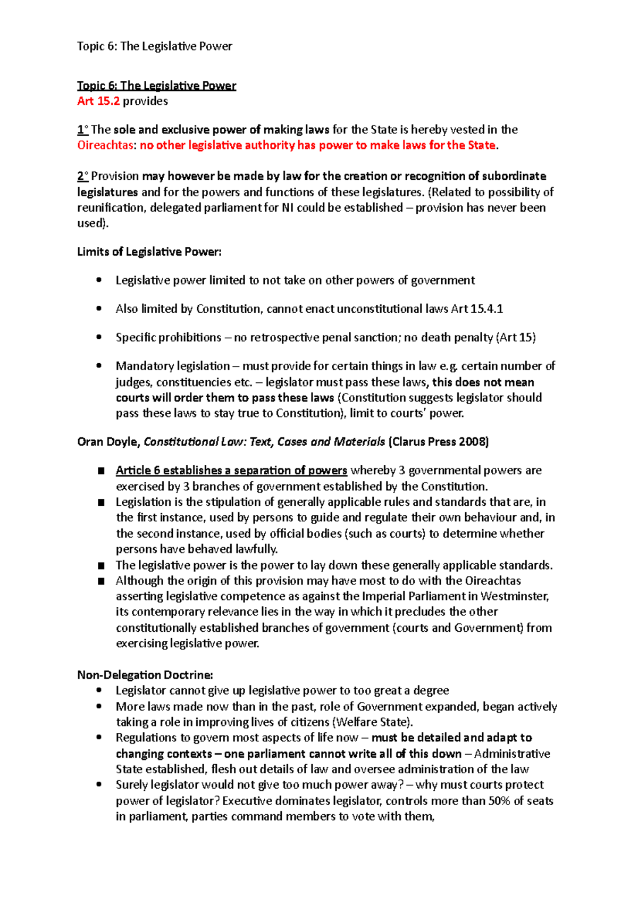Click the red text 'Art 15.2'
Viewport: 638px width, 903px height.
click(x=98, y=101)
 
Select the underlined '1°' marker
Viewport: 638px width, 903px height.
click(x=82, y=130)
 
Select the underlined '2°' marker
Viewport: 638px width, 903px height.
click(x=82, y=176)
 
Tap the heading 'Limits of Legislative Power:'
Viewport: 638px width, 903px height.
click(x=149, y=252)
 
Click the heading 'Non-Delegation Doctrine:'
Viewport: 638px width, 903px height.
click(x=145, y=675)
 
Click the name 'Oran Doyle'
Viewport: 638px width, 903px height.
click(x=108, y=441)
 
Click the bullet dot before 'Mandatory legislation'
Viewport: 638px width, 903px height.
click(x=99, y=366)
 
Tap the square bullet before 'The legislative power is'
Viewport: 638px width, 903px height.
click(x=102, y=565)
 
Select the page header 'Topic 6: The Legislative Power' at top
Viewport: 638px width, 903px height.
click(x=154, y=46)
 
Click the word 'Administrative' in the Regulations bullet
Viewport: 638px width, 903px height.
click(x=512, y=754)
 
